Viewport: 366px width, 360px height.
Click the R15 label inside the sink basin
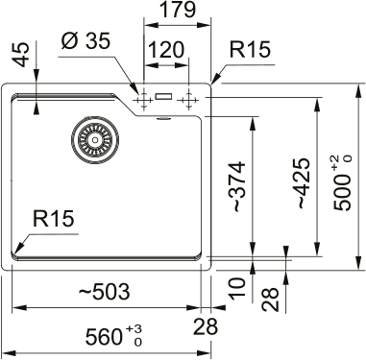[x=54, y=221]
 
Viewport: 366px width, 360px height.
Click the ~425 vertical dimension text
[x=301, y=183]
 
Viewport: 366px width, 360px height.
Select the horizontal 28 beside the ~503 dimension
[x=205, y=327]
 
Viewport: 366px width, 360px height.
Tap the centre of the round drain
[x=92, y=141]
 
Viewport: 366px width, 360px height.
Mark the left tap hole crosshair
[x=143, y=98]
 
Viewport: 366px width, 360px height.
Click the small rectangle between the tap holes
[x=165, y=97]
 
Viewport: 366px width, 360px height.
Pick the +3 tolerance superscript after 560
[x=137, y=329]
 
